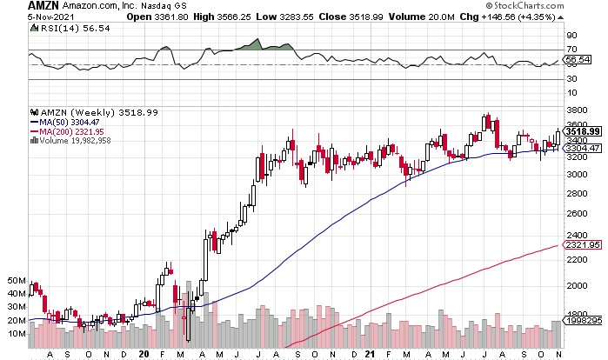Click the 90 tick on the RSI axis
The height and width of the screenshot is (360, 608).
pyautogui.click(x=571, y=36)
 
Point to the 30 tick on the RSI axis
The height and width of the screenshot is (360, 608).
pyautogui.click(x=571, y=79)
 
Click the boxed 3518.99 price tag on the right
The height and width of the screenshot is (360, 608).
pyautogui.click(x=580, y=131)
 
